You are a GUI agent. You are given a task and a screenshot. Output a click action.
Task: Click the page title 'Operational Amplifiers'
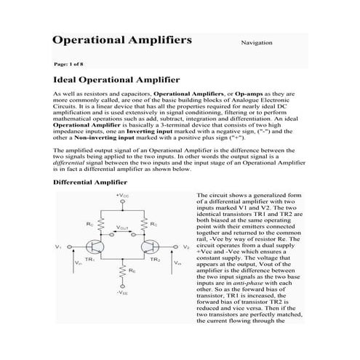122,39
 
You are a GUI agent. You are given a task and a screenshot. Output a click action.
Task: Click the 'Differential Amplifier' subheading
91,182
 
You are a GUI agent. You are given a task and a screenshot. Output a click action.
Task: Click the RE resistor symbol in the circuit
123,271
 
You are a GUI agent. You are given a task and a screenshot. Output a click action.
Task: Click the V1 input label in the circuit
57,247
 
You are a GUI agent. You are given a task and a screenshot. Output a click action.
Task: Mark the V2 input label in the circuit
186,247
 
